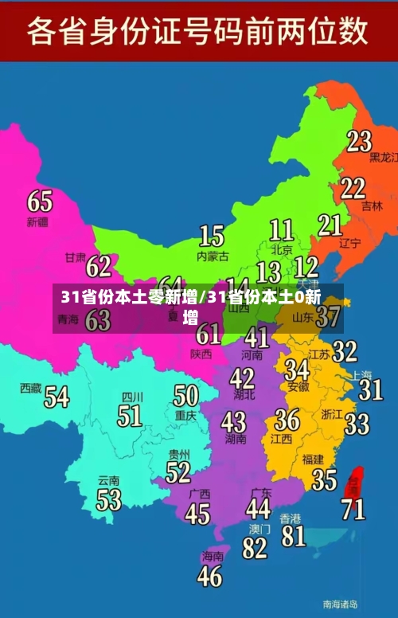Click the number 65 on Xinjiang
click(x=39, y=201)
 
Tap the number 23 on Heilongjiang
click(x=359, y=141)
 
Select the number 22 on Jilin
click(x=353, y=188)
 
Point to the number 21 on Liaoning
click(x=330, y=225)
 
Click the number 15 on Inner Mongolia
click(x=211, y=236)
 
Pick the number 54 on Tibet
click(x=56, y=396)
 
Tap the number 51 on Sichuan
click(x=130, y=415)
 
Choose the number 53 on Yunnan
click(x=108, y=499)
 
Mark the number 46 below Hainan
click(x=209, y=575)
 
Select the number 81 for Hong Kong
click(x=294, y=535)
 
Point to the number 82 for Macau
click(x=255, y=548)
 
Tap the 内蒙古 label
click(x=213, y=256)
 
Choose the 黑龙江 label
click(x=383, y=158)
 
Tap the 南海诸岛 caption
click(x=340, y=604)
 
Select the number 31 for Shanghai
click(x=370, y=389)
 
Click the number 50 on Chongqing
click(x=185, y=395)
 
